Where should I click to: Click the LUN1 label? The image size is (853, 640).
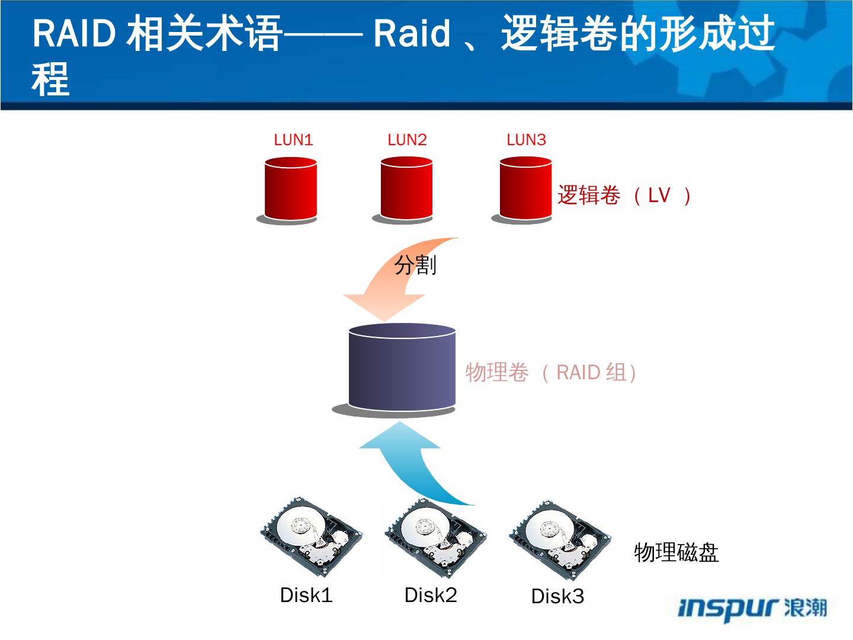[x=293, y=140]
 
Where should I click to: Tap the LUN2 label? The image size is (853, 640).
[x=408, y=140]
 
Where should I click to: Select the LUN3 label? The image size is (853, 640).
[x=526, y=140]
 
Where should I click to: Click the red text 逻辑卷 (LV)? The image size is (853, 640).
[x=624, y=195]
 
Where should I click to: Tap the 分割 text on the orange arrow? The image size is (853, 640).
[x=415, y=265]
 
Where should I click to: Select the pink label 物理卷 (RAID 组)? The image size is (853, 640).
[x=551, y=372]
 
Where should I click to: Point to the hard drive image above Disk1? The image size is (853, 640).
[x=310, y=537]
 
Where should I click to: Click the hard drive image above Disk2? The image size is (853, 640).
[x=435, y=538]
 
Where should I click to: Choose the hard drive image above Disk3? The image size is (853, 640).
[x=559, y=540]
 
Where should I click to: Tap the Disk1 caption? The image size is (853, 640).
[x=306, y=595]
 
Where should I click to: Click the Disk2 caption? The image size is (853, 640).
[x=431, y=595]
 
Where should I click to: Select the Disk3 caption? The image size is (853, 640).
[x=557, y=596]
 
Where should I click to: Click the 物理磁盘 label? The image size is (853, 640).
[x=676, y=552]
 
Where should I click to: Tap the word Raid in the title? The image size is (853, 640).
[x=412, y=33]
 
